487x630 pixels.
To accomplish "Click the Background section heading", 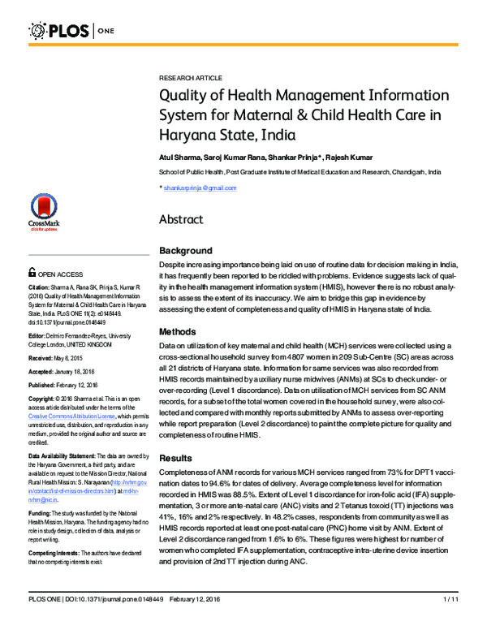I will [x=186, y=251].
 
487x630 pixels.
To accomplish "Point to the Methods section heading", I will [x=178, y=332].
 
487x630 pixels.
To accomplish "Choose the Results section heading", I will [x=176, y=459].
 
